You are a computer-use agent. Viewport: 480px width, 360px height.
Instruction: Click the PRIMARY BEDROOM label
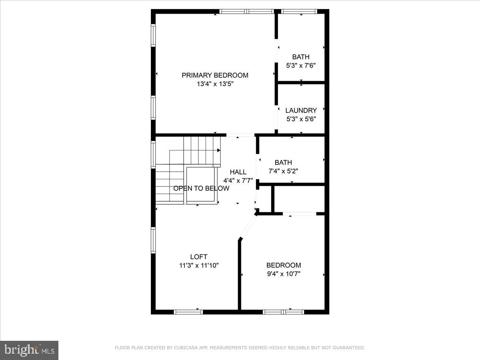click(x=215, y=75)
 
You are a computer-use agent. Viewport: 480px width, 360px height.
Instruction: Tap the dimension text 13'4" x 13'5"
click(x=215, y=84)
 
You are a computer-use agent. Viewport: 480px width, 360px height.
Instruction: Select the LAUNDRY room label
click(x=301, y=110)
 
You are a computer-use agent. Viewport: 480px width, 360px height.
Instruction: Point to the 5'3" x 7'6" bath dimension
click(x=301, y=66)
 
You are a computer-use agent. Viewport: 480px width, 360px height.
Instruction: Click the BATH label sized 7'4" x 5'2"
click(x=283, y=162)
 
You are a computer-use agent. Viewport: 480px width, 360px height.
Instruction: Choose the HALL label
click(x=238, y=172)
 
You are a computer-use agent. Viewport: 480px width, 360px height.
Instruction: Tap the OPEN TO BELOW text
click(x=201, y=188)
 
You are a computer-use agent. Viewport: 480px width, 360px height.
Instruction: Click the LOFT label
click(x=199, y=257)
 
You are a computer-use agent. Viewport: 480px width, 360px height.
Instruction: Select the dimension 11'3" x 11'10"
click(x=199, y=265)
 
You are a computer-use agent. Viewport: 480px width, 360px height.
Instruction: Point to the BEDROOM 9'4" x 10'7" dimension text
click(x=284, y=274)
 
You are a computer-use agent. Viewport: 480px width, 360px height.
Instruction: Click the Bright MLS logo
click(x=29, y=350)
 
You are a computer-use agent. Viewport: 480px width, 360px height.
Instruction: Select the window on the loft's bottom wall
click(x=188, y=312)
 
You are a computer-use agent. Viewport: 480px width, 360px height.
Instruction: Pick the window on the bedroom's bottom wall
click(x=283, y=312)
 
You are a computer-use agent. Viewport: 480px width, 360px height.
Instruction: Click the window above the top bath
click(x=299, y=12)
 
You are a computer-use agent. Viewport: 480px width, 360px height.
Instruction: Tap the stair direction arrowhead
click(x=219, y=150)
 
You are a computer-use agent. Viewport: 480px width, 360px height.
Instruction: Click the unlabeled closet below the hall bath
click(x=299, y=199)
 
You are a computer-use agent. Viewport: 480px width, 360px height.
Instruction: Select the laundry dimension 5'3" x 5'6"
click(x=301, y=119)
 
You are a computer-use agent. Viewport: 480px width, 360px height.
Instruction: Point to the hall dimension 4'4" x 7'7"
click(x=238, y=180)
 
